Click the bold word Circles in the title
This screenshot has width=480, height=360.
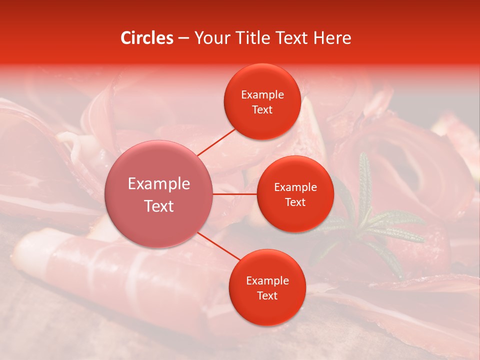click(146, 38)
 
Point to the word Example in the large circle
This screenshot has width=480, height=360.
click(159, 183)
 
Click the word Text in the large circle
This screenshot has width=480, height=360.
click(159, 206)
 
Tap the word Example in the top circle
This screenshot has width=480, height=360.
click(262, 95)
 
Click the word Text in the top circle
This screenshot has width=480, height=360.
click(262, 110)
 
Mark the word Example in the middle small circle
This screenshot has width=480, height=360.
click(295, 187)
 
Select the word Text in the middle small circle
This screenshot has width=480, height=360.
click(295, 202)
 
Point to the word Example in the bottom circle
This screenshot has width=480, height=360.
click(267, 281)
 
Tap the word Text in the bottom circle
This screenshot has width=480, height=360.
click(267, 296)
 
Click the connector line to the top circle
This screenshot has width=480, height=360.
click(216, 141)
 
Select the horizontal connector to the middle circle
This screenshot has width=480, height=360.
click(235, 194)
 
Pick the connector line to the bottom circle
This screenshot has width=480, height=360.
click(218, 246)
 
